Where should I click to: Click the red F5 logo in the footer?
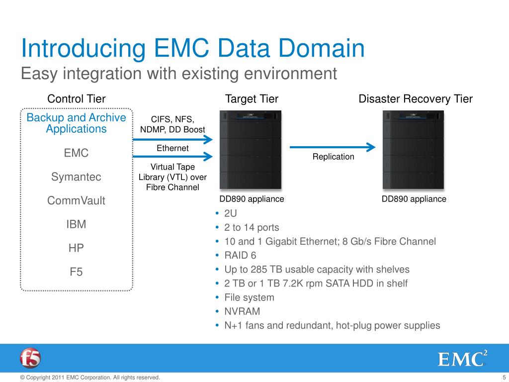coord(30,358)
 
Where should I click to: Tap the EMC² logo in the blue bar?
coord(462,358)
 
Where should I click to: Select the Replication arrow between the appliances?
coord(333,147)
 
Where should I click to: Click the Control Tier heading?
coord(76,99)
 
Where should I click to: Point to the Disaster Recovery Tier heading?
coord(416,99)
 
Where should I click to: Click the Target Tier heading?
coord(252,99)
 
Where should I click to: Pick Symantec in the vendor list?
coord(76,177)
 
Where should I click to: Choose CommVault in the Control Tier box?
coord(76,201)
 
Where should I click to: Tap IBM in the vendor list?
coord(76,224)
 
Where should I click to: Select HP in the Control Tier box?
coord(76,248)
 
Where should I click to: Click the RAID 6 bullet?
coord(241,256)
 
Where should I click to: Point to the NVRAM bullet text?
coord(242,312)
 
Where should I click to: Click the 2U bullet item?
coord(231,214)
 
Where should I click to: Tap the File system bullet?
coord(249,298)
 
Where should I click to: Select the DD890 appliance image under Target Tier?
coord(250,150)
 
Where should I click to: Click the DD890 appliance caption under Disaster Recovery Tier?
coord(414,199)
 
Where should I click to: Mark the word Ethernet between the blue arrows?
coord(172,148)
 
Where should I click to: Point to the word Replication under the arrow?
coord(333,157)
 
